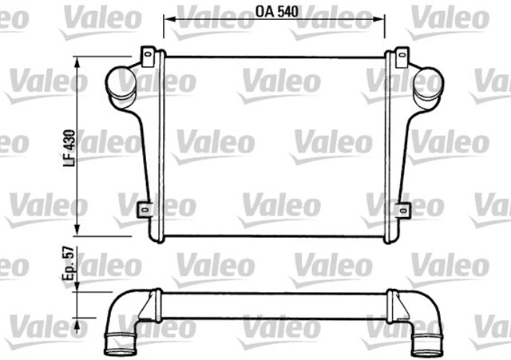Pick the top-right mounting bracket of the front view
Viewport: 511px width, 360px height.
(x=398, y=56)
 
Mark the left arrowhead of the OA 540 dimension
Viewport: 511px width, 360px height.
(x=167, y=15)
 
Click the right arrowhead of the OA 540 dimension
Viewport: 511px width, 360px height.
(x=382, y=15)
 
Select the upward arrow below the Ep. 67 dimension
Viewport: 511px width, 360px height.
(x=77, y=326)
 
